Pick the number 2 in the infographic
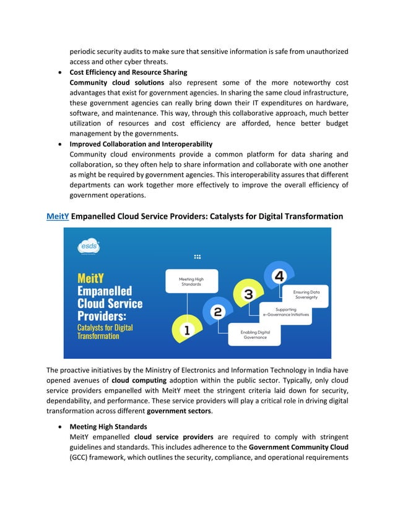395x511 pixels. (217, 312)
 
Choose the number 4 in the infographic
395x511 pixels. (279, 275)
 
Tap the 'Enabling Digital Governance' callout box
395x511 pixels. (254, 335)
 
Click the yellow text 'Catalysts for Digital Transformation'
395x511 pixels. (105, 332)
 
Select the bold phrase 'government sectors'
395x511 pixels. (179, 411)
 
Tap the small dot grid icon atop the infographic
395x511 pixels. (197, 256)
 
